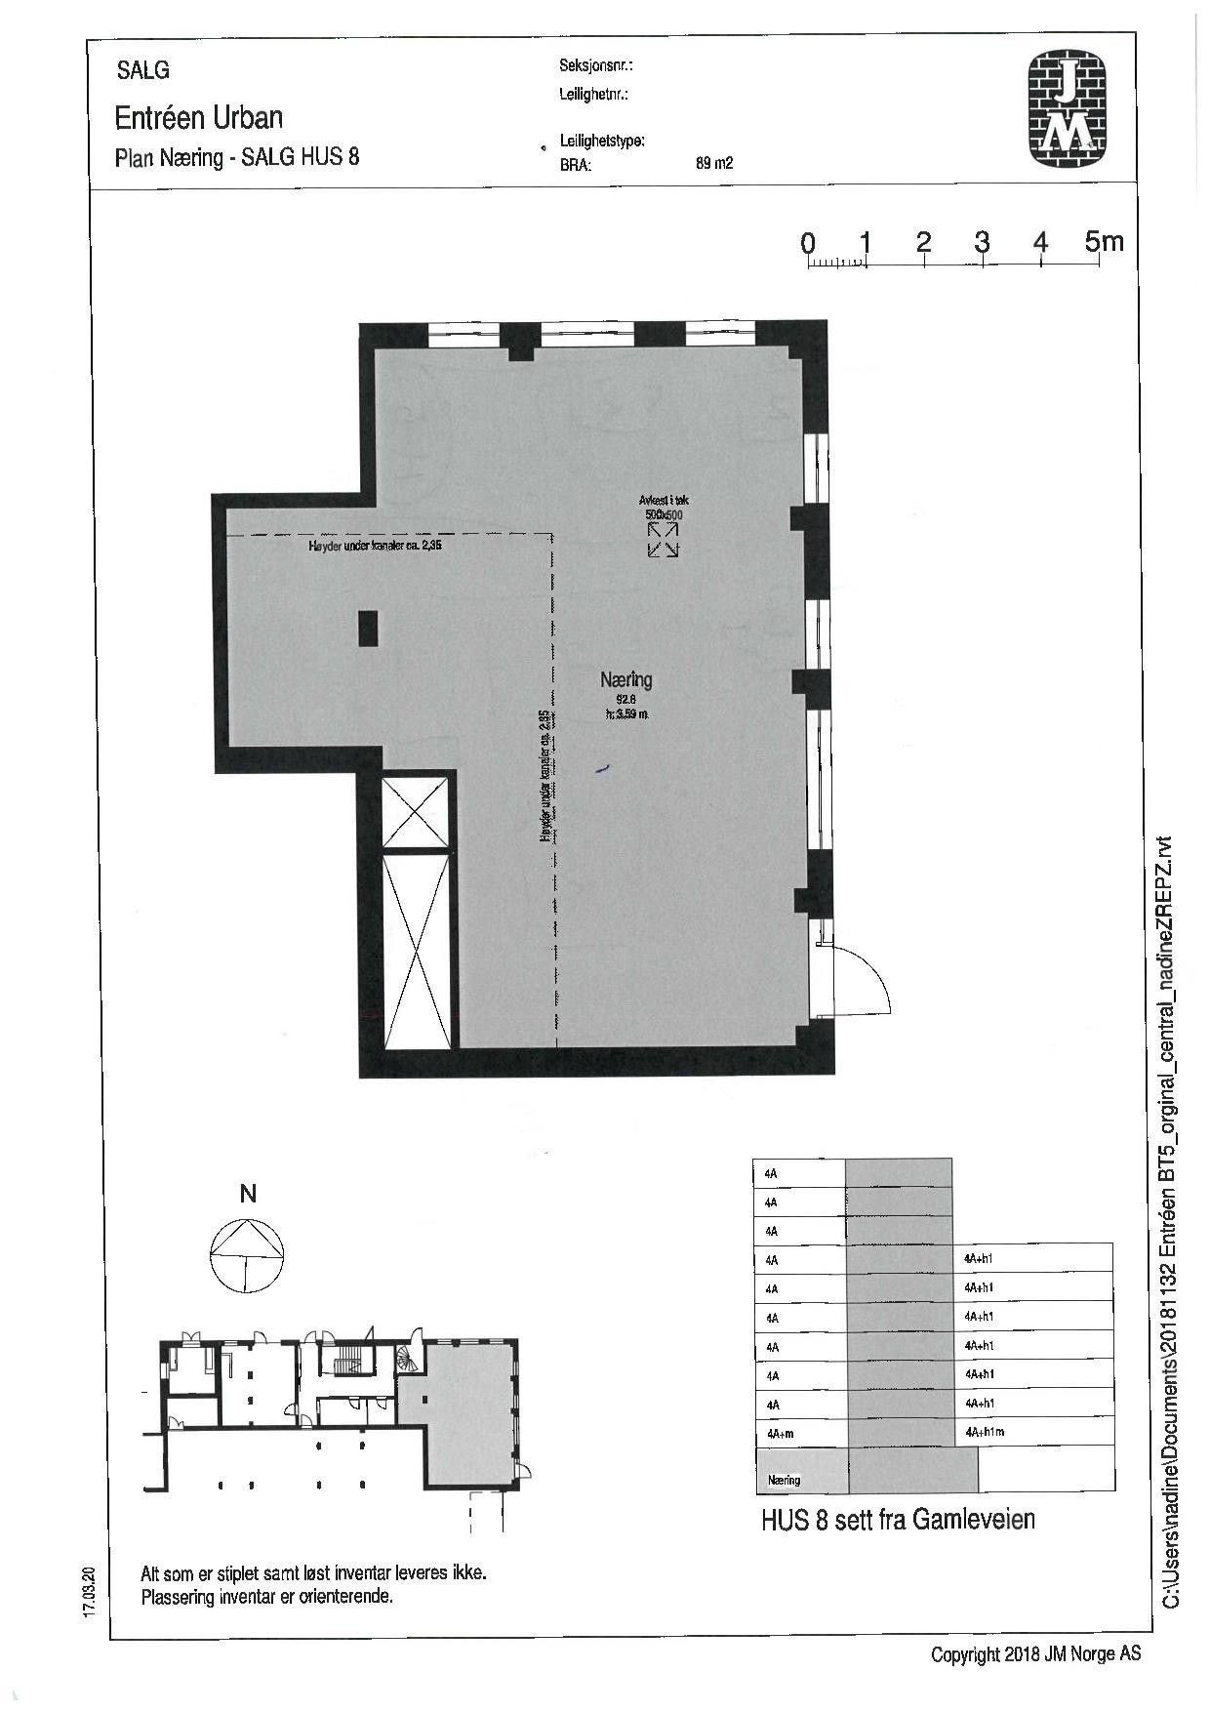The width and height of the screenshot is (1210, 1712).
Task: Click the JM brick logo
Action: click(1070, 109)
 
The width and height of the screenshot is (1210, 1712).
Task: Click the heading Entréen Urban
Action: click(199, 118)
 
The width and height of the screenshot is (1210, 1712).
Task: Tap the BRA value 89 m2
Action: click(713, 164)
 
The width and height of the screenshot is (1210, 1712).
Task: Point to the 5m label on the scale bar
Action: click(1104, 241)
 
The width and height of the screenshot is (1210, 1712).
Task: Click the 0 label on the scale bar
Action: click(808, 243)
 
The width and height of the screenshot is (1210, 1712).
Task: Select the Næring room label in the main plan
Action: click(625, 680)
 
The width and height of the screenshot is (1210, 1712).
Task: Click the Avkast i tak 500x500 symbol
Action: click(664, 539)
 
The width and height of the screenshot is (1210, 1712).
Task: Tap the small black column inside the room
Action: click(368, 628)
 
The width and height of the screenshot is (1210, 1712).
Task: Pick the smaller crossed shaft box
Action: click(416, 811)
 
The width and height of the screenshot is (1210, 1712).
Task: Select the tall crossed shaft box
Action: click(417, 950)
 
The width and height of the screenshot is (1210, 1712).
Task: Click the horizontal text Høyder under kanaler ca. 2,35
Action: click(375, 547)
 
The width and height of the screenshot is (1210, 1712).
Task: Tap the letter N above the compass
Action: click(248, 1194)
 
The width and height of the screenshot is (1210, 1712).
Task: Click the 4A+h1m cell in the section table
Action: click(985, 1432)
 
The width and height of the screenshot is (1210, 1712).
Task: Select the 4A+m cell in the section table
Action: click(778, 1433)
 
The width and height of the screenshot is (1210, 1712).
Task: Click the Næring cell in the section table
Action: click(785, 1480)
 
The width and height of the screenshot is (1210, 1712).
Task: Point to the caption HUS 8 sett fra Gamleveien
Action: click(898, 1520)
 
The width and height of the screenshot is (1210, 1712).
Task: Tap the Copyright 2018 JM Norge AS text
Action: click(1035, 1654)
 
